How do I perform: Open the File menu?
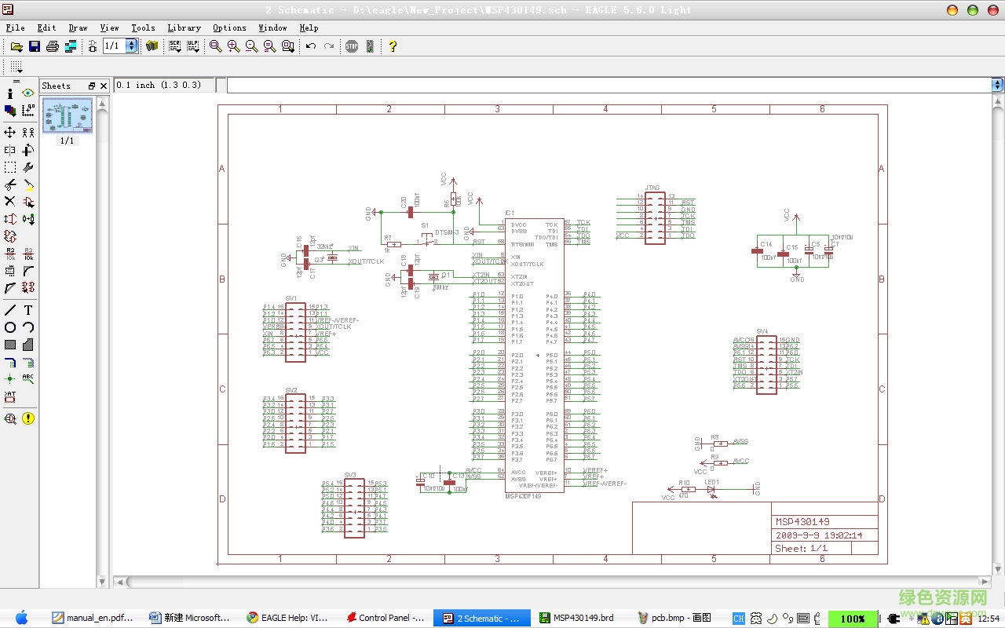pos(15,27)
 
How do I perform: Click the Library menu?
pos(184,27)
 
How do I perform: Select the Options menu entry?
pos(229,27)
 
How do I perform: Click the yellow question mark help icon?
pos(393,46)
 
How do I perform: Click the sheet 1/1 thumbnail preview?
pos(67,116)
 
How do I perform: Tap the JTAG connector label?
pos(652,188)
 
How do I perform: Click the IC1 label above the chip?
pos(510,214)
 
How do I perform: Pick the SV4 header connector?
pos(766,364)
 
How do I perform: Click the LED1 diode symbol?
pos(711,489)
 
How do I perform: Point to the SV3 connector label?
pos(350,476)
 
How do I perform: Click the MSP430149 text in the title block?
pos(802,522)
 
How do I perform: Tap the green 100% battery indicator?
pos(852,619)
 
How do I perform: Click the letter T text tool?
pos(28,310)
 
